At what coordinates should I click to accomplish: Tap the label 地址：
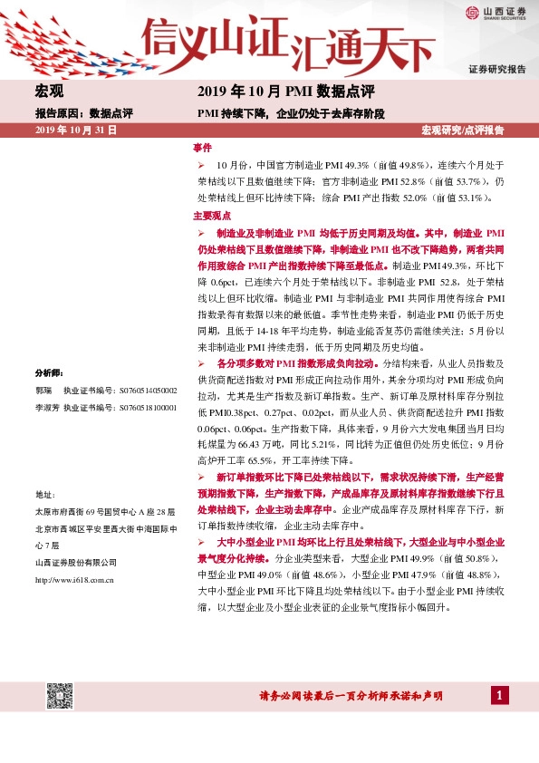click(44, 494)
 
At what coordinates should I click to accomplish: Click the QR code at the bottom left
click(61, 695)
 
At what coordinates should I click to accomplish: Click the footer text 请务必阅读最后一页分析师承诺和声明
click(351, 696)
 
